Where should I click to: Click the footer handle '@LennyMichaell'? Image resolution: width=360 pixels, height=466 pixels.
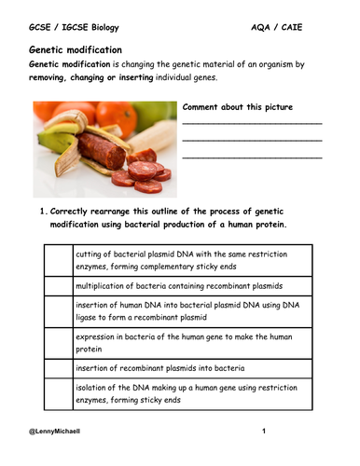pos(59,432)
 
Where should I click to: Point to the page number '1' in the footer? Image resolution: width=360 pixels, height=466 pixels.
pos(264,432)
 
